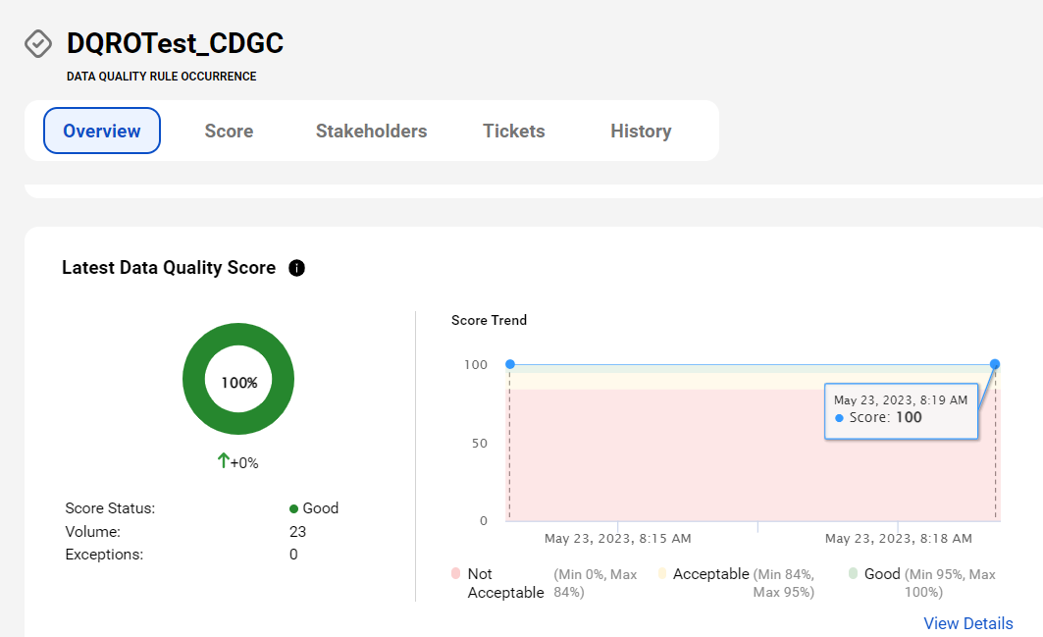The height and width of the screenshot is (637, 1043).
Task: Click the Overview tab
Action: [102, 131]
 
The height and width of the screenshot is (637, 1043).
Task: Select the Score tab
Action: [229, 132]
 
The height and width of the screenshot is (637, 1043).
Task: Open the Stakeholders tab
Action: [371, 132]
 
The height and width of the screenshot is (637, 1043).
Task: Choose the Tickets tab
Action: [513, 132]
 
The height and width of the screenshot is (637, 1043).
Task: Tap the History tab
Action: [641, 132]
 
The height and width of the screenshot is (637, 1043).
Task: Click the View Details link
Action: [967, 623]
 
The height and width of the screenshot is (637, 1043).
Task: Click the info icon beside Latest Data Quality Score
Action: [296, 268]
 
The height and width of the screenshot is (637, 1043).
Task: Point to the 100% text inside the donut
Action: [239, 383]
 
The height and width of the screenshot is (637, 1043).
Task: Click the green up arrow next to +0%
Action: [224, 460]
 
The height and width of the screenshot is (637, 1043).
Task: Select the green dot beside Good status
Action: [293, 509]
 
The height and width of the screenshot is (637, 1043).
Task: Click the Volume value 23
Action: [297, 532]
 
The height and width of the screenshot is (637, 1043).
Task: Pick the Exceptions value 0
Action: [293, 555]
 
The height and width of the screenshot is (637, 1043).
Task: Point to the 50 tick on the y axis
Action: [480, 444]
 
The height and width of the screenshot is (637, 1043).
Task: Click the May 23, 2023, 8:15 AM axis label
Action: [617, 539]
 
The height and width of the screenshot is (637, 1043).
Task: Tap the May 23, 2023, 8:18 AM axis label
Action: [898, 539]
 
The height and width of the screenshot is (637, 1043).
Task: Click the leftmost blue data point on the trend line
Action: [510, 364]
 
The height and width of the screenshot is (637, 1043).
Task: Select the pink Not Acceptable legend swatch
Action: [455, 573]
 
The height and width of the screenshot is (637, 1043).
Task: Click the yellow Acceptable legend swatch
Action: [662, 573]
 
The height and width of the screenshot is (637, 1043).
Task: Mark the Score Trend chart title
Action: [489, 320]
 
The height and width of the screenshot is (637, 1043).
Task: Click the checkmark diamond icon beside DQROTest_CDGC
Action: [38, 44]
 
